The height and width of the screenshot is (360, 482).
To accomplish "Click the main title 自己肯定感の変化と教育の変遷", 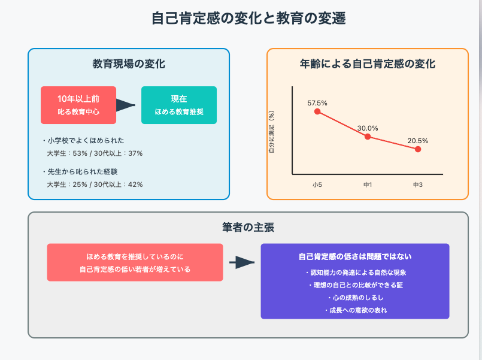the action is (248, 18).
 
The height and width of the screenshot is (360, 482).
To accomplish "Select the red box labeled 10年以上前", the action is (78, 105).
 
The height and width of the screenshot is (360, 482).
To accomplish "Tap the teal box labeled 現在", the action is (179, 105).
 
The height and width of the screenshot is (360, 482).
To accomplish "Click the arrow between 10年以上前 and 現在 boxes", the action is (125, 105).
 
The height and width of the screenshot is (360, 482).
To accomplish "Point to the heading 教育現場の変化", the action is (129, 64).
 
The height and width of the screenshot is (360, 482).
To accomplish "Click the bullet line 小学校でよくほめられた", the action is (83, 141).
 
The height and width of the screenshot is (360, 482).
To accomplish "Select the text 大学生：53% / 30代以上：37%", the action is (95, 153).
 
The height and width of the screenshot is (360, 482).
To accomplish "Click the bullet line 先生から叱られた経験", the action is (80, 171).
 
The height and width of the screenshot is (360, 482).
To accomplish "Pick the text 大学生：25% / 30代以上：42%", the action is (95, 184).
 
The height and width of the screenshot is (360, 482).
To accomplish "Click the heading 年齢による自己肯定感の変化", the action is (368, 64).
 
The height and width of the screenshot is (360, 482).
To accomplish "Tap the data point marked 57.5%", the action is (317, 111).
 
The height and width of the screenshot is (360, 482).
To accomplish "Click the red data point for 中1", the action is (368, 137).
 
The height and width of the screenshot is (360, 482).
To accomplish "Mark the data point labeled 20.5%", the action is (418, 149).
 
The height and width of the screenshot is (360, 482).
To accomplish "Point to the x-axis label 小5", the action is (317, 184).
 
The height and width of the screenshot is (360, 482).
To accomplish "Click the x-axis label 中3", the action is (418, 184).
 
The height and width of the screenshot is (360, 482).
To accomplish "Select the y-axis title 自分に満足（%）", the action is (271, 132).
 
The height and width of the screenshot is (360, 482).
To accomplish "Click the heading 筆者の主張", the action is (248, 228).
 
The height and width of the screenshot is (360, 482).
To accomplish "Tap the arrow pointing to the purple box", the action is (242, 262).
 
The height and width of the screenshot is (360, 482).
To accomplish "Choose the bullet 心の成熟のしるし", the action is (355, 298).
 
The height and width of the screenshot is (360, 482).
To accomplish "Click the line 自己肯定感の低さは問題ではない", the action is (355, 257).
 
